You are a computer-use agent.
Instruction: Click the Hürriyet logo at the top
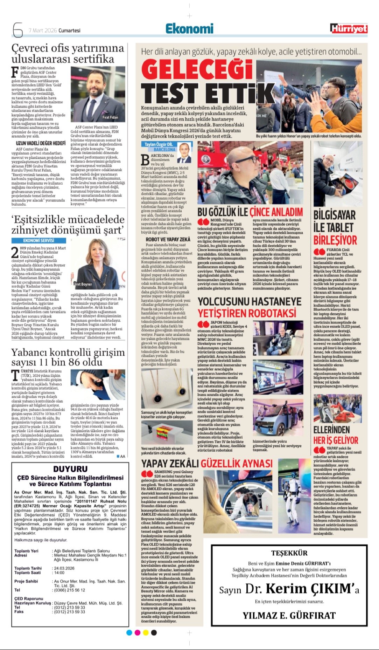coord(349,29)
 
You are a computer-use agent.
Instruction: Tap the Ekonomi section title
coord(189,29)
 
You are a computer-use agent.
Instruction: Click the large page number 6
coord(17,30)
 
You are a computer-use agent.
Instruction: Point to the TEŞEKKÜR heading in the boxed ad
coord(289,553)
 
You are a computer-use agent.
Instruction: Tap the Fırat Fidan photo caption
coord(110,117)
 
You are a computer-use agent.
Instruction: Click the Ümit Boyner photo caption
coord(83,284)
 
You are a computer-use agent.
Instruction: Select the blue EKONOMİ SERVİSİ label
coord(38,240)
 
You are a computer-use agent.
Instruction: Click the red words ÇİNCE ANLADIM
coord(276,212)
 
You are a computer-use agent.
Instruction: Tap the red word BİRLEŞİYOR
coord(335,240)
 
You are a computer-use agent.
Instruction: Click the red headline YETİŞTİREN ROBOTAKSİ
coord(247,313)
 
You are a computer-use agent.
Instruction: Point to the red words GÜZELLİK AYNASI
coord(236,464)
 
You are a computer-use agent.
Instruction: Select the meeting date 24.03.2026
coord(64,568)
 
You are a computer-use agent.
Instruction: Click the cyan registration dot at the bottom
coord(129,632)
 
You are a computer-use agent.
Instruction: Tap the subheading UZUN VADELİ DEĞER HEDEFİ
coord(41,143)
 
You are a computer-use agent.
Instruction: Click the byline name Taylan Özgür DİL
coord(159,144)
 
